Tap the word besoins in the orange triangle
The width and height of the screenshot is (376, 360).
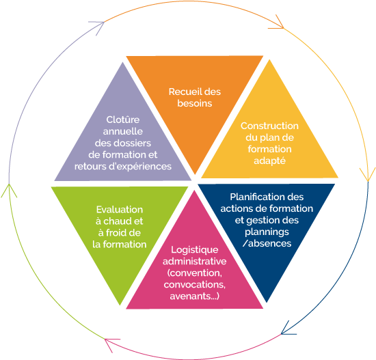click(195, 103)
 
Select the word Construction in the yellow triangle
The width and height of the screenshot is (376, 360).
click(269, 126)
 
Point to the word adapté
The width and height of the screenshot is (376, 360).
click(269, 161)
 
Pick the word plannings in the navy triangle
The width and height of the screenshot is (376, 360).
click(267, 232)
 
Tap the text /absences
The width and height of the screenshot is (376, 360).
click(267, 243)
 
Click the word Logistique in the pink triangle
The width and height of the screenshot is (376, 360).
click(194, 250)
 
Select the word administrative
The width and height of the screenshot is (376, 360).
click(194, 261)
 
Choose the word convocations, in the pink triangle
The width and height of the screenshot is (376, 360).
click(194, 284)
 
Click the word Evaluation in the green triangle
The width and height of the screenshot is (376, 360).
click(120, 210)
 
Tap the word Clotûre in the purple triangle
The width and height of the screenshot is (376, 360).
click(123, 120)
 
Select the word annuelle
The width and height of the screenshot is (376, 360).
click(123, 131)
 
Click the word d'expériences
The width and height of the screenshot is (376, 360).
click(140, 167)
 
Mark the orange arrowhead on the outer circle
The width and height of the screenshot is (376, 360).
click(278, 23)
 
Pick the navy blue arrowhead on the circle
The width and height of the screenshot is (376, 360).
click(287, 329)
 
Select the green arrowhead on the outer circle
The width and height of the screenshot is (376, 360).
click(9, 190)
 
